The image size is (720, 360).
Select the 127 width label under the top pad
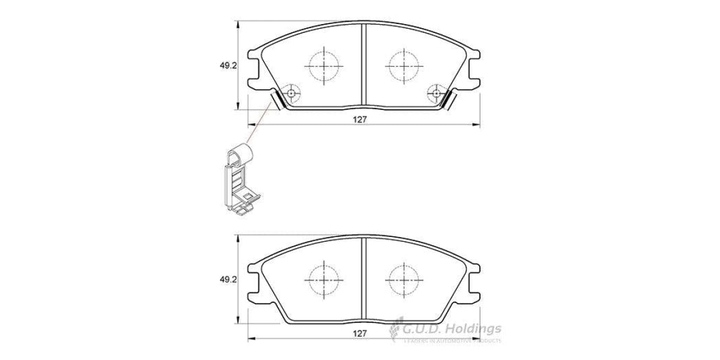pyautogui.click(x=359, y=119)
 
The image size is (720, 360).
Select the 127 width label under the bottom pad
pyautogui.click(x=359, y=332)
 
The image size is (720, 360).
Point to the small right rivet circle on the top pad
pyautogui.click(x=435, y=93)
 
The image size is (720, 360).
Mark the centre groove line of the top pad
pyautogui.click(x=364, y=66)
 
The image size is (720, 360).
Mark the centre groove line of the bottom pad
pyautogui.click(x=364, y=279)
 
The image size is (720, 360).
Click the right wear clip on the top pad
pyautogui.click(x=448, y=100)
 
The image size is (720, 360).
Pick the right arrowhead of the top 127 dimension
pyautogui.click(x=477, y=125)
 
